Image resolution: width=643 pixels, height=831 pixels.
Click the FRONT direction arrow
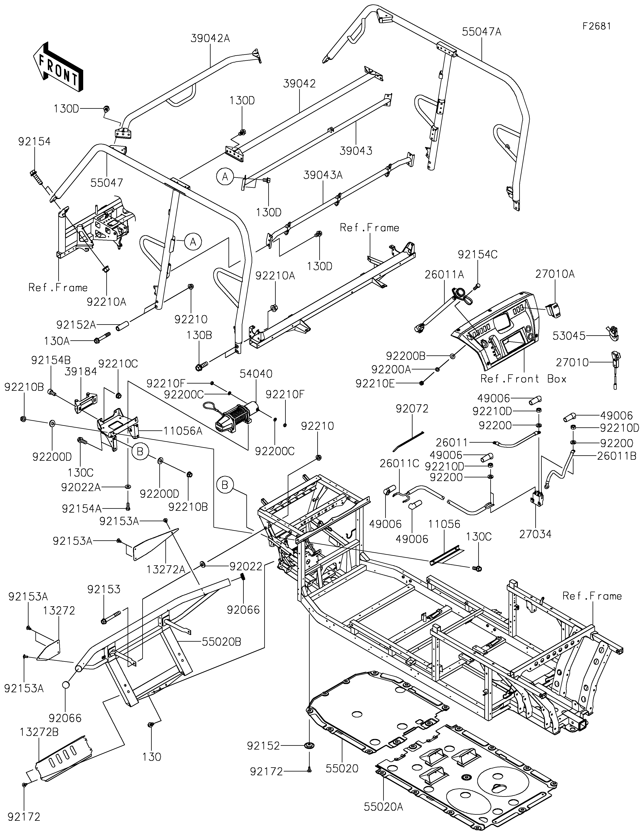tap(58, 67)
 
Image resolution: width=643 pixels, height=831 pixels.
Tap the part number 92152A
tap(76, 325)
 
